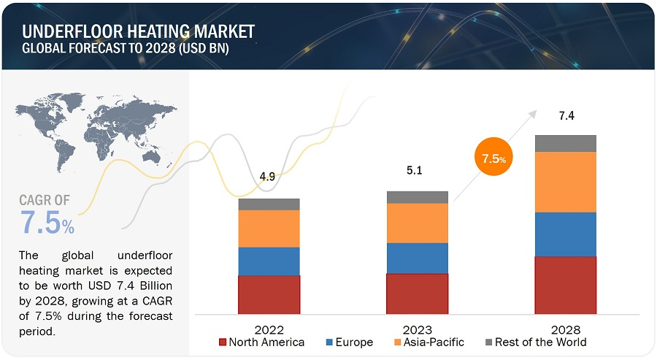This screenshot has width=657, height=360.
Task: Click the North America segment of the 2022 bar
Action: tap(269, 294)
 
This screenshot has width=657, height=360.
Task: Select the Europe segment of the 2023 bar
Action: tap(417, 258)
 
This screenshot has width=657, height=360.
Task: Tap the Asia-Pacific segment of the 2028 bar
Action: tap(565, 182)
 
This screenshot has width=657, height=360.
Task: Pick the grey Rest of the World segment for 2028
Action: tap(565, 143)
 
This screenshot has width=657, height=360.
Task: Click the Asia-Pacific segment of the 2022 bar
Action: tap(269, 229)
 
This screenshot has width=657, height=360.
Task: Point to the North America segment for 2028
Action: tap(565, 285)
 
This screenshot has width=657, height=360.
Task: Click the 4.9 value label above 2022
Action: tap(269, 177)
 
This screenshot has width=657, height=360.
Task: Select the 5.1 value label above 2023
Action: tap(415, 171)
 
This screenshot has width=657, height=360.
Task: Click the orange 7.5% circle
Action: tap(494, 158)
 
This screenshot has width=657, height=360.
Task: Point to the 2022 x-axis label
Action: tap(269, 329)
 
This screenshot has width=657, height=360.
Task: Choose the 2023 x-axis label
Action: tap(417, 329)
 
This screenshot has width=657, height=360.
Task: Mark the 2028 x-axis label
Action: tap(565, 329)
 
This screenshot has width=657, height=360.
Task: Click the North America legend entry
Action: tap(261, 342)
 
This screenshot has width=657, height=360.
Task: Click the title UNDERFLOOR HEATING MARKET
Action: tap(139, 31)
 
